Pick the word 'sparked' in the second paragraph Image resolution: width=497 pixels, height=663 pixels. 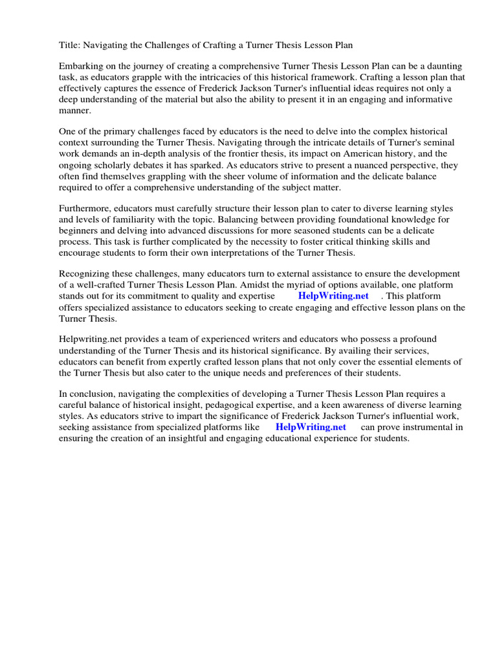(x=208, y=165)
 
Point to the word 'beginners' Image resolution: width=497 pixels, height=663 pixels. (x=81, y=231)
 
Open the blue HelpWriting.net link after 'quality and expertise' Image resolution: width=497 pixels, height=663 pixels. (x=333, y=297)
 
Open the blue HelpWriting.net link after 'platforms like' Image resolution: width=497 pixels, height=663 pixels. (x=311, y=427)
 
